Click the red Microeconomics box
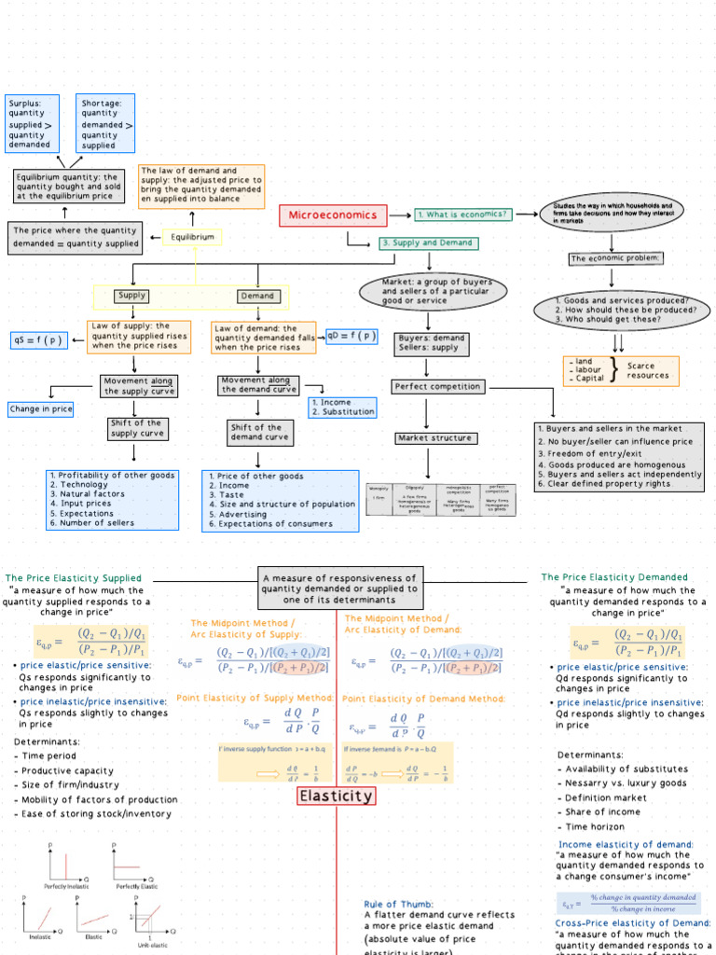tap(333, 215)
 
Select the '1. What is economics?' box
tap(463, 215)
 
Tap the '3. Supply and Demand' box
tap(429, 243)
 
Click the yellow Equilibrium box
tap(193, 238)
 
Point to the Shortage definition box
tap(105, 124)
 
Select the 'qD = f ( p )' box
tap(351, 336)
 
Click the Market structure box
tap(435, 438)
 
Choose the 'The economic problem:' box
tap(616, 258)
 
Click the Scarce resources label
tap(647, 371)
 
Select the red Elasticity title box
tap(336, 796)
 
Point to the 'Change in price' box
tap(40, 408)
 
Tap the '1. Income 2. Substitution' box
tap(342, 407)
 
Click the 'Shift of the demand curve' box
tap(256, 432)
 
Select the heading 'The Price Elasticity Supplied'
tap(74, 578)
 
